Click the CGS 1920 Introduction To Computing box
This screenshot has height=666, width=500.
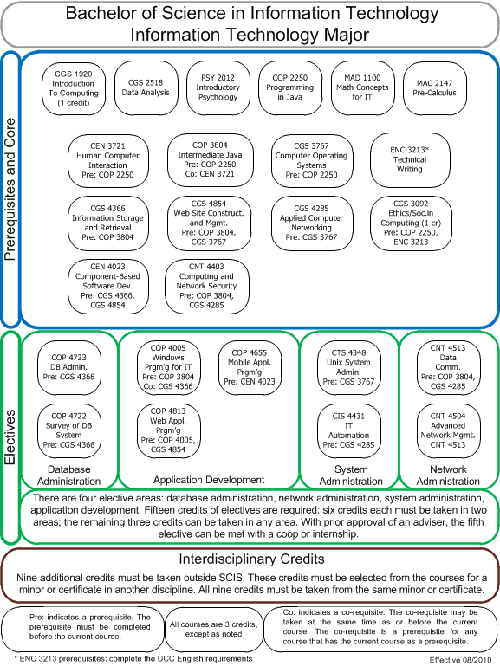tap(74, 88)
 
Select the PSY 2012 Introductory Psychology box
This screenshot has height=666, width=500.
tap(218, 88)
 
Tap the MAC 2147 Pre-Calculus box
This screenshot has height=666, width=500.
tap(435, 88)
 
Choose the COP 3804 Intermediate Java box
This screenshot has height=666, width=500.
tap(211, 159)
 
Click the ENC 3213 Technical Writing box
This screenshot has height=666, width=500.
tap(410, 159)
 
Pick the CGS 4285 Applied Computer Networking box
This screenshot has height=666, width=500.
tap(312, 223)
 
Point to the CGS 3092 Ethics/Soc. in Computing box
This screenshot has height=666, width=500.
tap(411, 223)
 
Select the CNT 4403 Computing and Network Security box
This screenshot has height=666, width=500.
tap(207, 287)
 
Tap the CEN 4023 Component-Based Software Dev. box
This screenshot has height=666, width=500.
tap(108, 287)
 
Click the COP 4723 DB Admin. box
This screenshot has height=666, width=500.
tap(68, 367)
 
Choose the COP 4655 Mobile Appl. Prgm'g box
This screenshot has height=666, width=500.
tap(250, 367)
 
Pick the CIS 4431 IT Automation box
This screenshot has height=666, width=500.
tap(348, 430)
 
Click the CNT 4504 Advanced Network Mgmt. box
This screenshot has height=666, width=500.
tap(448, 430)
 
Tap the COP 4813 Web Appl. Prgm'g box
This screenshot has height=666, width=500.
tap(168, 430)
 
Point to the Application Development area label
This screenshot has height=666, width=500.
tap(209, 480)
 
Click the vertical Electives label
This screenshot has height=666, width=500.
tap(10, 437)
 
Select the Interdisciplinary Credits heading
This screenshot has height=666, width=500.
tap(251, 559)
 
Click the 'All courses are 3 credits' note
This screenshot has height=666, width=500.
tap(214, 629)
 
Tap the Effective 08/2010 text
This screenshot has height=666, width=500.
tap(460, 660)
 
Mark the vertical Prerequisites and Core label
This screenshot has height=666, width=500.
tap(10, 189)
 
